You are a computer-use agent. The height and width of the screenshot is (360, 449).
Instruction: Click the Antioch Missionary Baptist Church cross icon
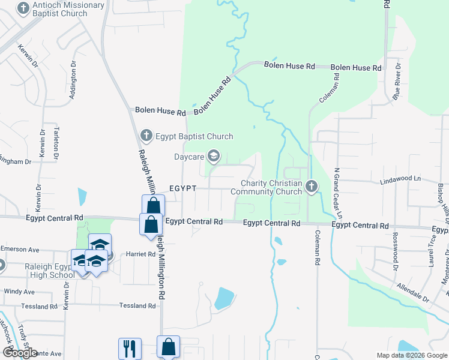tap(23, 9)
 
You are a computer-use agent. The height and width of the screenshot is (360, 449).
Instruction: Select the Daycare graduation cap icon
tap(213, 157)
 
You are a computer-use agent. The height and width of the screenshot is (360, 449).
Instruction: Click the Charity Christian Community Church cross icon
tap(311, 187)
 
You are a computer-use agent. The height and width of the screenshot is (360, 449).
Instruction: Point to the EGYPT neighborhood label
tap(182, 188)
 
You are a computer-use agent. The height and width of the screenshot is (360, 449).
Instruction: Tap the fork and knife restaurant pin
tap(130, 349)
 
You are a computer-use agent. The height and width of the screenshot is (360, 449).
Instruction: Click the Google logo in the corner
tap(20, 352)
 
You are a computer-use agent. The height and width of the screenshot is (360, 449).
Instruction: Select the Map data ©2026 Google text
tap(412, 355)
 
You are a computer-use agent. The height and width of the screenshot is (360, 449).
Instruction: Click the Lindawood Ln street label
tap(400, 179)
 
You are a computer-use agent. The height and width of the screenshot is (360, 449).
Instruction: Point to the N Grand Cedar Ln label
tap(338, 192)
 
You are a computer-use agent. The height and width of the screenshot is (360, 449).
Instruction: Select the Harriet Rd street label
tap(141, 254)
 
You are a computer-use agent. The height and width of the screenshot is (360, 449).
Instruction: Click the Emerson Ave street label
tap(20, 249)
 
